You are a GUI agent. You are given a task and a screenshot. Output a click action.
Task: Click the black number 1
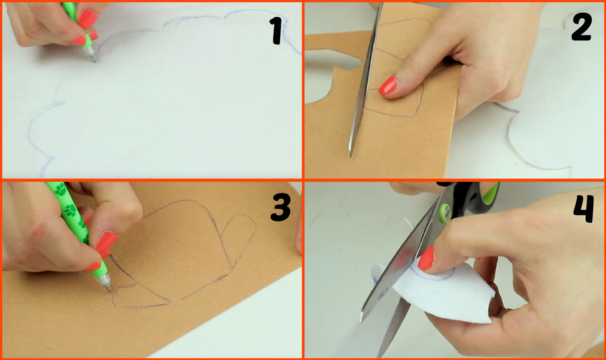click(277, 30)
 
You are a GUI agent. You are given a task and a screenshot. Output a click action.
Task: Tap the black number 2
click(582, 27)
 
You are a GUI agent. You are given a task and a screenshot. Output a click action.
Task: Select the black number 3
click(281, 207)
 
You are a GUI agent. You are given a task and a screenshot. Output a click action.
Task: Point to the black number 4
click(584, 209)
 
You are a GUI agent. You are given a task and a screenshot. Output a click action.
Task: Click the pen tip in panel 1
click(95, 61)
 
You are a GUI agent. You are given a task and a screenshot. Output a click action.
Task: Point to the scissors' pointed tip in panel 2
click(351, 155)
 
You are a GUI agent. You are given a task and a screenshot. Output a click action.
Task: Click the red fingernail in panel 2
click(388, 85)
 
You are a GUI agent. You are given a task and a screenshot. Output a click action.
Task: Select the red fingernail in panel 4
click(426, 258)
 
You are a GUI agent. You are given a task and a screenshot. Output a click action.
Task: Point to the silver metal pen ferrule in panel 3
click(104, 281)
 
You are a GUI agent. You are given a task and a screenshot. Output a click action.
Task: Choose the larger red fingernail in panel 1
click(87, 19)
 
